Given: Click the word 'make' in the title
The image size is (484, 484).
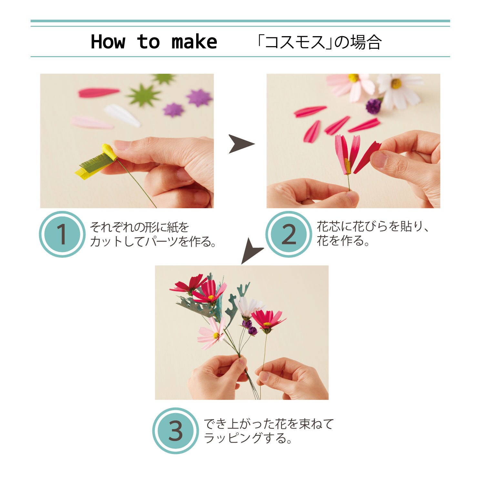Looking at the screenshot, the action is point(194,42).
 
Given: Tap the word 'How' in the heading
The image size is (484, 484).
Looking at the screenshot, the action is point(108,42).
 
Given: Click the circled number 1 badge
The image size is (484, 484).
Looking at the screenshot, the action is point(62,234).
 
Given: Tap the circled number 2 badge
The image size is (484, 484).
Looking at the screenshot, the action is point(288,234).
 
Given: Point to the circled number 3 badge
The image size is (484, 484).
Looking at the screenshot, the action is point(175,431).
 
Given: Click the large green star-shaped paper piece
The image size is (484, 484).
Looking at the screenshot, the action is point(143,95).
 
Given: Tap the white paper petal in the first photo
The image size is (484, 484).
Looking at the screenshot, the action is point(122,115).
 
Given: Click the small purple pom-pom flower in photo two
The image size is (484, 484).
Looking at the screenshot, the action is point(374,106).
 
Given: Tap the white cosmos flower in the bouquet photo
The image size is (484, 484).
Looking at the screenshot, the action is point(248,307).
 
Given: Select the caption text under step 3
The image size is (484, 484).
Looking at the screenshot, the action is point(268,431).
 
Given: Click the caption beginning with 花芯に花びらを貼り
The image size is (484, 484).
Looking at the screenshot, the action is point(373,233).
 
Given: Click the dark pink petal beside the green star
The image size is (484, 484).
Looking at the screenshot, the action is point(99,93).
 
